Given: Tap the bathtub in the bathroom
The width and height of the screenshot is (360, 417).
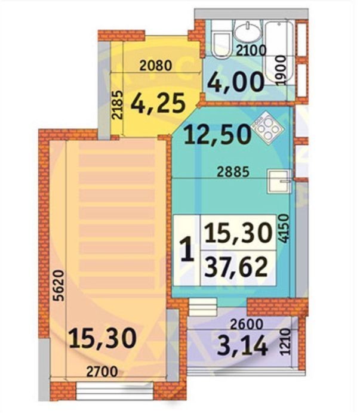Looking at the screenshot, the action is click(279, 53).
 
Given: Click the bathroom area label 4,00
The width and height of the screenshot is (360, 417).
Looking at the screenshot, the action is click(236, 83).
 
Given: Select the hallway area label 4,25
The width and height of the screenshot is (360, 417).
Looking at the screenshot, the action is click(158, 103).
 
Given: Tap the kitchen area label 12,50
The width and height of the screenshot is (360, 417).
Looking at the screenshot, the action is click(217, 135).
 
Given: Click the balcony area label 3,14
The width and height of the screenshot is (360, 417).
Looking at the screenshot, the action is click(242, 346).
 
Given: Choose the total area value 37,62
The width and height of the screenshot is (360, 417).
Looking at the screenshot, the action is click(236, 267).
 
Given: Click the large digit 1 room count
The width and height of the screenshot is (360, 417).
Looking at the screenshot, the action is click(188, 250).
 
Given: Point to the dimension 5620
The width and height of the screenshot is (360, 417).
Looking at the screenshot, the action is click(59, 285).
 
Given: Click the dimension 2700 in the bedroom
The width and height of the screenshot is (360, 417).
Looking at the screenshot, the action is click(102, 372).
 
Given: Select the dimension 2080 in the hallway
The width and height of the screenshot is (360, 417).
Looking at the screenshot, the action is click(156, 66).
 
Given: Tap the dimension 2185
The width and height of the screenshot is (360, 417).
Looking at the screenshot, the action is click(118, 105).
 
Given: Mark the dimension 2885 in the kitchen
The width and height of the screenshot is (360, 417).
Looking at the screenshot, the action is click(233, 172).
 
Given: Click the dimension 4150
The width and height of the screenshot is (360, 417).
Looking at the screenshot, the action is click(284, 228).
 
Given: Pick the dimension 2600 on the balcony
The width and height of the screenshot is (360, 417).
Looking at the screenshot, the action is click(247, 324).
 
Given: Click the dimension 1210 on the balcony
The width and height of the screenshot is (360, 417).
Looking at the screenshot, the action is click(285, 342).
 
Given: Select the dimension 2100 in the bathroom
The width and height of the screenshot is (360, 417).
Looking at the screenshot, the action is click(251, 51).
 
